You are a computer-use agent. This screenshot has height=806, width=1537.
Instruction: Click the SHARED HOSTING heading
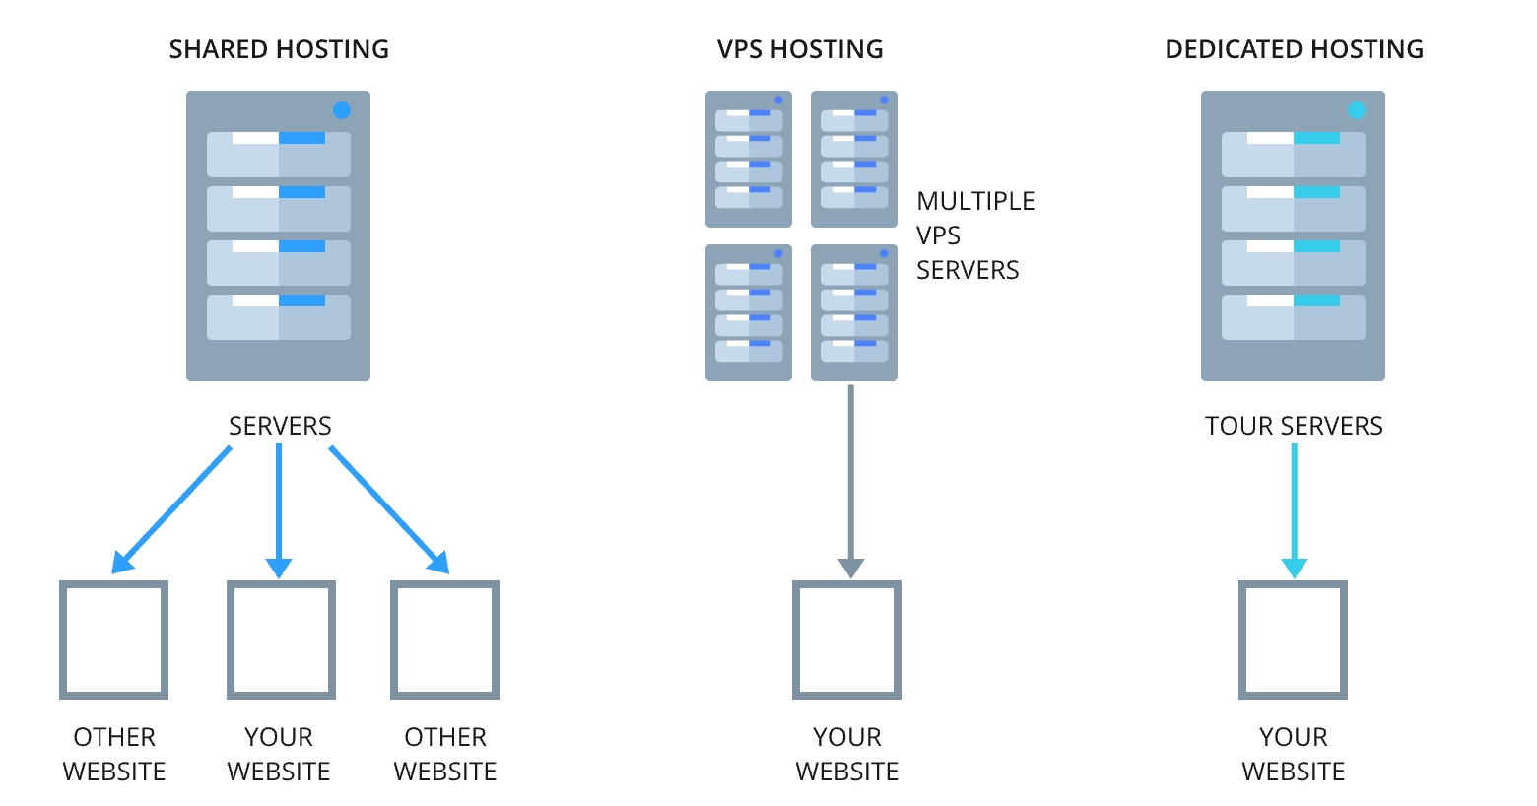279,49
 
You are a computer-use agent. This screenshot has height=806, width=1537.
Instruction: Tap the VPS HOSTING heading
800,49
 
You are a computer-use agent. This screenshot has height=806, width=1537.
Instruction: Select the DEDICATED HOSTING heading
1294,49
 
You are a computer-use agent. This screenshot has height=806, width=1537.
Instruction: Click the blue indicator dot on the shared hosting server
342,110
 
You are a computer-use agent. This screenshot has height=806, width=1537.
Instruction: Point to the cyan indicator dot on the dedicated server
1357,110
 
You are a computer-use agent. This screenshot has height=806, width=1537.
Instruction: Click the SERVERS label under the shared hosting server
280,426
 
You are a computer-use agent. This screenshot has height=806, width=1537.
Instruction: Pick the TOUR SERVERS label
1294,426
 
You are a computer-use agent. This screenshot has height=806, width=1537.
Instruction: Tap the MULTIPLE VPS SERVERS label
974,235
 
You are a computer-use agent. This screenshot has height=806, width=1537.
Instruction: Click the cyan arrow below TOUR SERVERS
1294,507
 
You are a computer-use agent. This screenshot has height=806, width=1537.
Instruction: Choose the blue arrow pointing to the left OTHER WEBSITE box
173,508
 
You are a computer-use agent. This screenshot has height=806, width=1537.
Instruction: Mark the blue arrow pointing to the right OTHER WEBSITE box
388,508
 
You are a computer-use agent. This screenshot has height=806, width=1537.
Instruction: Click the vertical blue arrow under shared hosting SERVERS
279,507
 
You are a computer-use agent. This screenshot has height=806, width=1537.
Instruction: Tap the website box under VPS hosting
847,639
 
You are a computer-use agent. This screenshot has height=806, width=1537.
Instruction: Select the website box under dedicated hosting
1293,639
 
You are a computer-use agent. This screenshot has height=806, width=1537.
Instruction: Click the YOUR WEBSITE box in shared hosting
281,639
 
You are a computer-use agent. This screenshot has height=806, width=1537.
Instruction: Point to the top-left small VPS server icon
749,159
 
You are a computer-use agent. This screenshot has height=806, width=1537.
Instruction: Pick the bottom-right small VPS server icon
854,312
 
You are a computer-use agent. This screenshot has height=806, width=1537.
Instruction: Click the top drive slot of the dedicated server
1293,155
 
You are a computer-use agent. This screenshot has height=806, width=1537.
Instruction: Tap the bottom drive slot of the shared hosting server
279,317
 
